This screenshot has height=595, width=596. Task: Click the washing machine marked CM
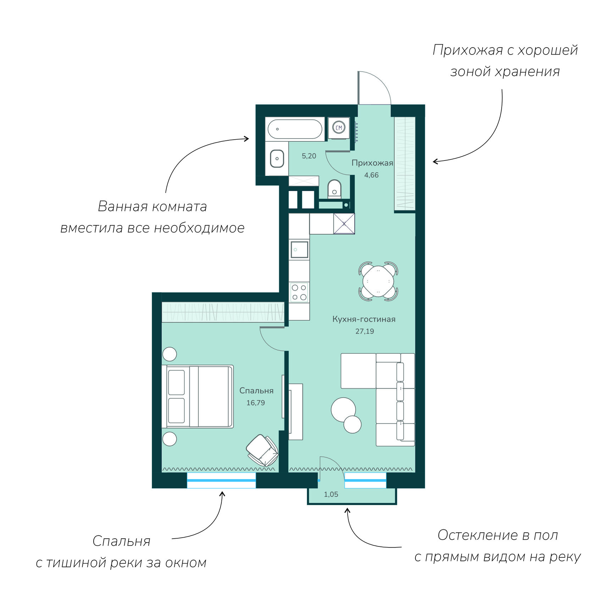[x=339, y=128]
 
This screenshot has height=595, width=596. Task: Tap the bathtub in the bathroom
[x=295, y=129]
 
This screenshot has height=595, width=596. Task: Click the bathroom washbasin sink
[x=277, y=158]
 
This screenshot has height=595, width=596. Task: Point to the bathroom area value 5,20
[x=309, y=156]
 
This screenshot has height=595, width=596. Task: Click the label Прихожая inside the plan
[x=372, y=163]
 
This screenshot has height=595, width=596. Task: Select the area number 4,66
[x=371, y=175]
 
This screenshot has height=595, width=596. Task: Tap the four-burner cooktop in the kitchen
[x=299, y=292]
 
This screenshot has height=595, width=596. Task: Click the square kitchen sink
[x=299, y=249]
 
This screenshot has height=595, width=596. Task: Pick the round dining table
[x=379, y=281]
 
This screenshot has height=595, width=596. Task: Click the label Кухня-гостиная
[x=364, y=319]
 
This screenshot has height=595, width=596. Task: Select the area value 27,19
[x=365, y=331]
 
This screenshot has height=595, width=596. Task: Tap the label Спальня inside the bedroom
[x=256, y=391]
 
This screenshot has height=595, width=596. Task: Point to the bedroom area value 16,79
[x=256, y=403]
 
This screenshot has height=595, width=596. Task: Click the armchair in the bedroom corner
[x=262, y=451]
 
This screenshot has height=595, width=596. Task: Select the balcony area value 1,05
[x=331, y=494]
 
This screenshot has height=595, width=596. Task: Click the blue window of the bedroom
[x=221, y=481]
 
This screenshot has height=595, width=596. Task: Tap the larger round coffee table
[x=343, y=410]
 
